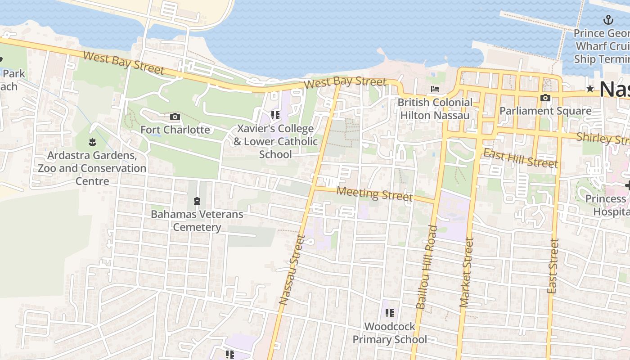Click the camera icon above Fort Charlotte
pyautogui.click(x=175, y=117)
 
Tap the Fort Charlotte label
pyautogui.click(x=175, y=130)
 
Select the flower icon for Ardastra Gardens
pyautogui.click(x=92, y=143)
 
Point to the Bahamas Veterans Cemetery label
pyautogui.click(x=197, y=220)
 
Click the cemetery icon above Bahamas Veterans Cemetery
pyautogui.click(x=197, y=201)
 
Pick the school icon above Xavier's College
pyautogui.click(x=275, y=115)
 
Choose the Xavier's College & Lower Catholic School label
pyautogui.click(x=275, y=141)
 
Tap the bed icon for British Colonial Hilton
pyautogui.click(x=435, y=89)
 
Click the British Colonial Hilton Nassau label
pyautogui.click(x=435, y=109)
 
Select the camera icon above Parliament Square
pyautogui.click(x=545, y=98)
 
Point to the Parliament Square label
pyautogui.click(x=545, y=111)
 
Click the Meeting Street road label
pyautogui.click(x=374, y=194)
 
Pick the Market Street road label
pyautogui.click(x=467, y=273)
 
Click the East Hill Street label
pyautogui.click(x=520, y=158)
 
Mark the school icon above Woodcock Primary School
pyautogui.click(x=389, y=313)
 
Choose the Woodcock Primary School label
pyautogui.click(x=390, y=333)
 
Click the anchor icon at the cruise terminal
pyautogui.click(x=608, y=20)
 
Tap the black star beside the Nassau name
pyautogui.click(x=590, y=89)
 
